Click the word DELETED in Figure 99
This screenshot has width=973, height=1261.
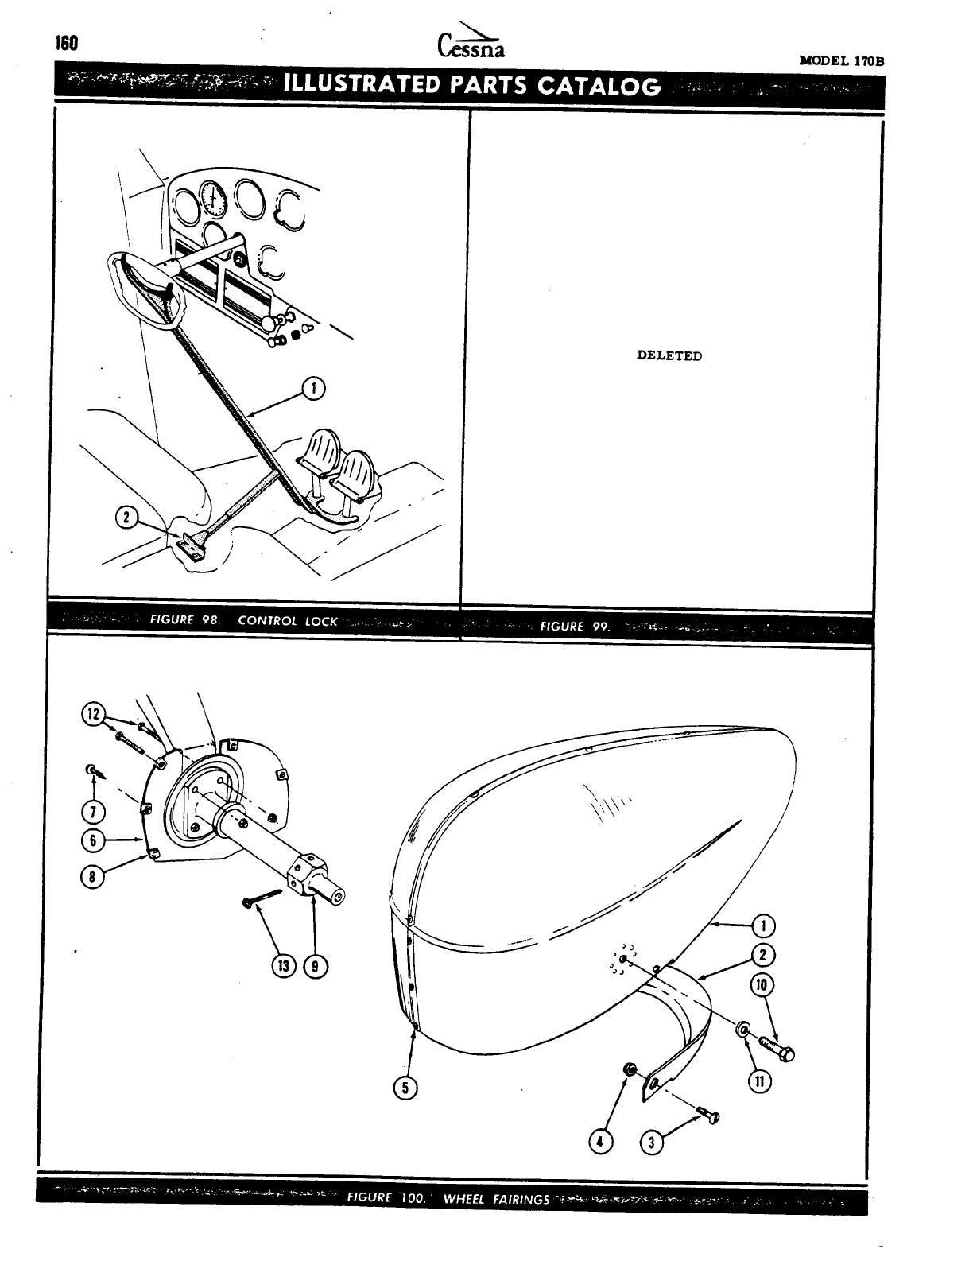pyautogui.click(x=669, y=355)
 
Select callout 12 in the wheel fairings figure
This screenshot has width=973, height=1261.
pyautogui.click(x=94, y=713)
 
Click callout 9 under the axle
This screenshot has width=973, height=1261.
pyautogui.click(x=316, y=966)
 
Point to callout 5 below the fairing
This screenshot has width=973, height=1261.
pyautogui.click(x=405, y=1088)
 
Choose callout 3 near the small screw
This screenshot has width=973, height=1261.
pyautogui.click(x=652, y=1143)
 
